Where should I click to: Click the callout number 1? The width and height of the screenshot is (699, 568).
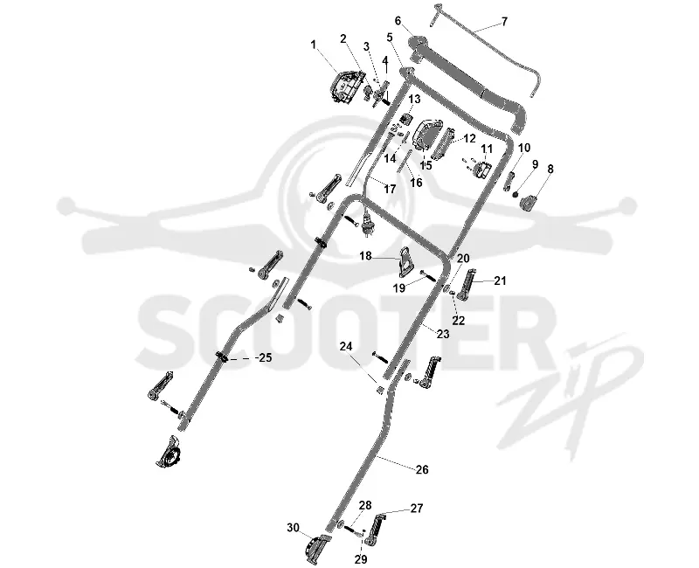coord(314,45)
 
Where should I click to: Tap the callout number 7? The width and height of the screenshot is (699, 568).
coord(504,21)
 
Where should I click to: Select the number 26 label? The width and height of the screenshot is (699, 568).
coord(422,469)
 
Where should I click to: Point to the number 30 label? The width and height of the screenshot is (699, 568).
coord(293,528)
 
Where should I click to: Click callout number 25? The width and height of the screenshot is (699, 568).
coord(266,357)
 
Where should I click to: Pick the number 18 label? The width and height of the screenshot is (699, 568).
coord(365,256)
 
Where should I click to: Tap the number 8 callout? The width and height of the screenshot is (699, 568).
coord(550,169)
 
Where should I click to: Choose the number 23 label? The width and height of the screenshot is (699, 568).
coord(443,334)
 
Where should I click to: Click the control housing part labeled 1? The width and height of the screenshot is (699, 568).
coord(346,87)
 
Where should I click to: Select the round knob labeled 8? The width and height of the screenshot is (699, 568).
coord(530,203)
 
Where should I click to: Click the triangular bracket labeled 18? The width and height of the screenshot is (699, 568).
coord(405,260)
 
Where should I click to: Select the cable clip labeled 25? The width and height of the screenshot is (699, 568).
coord(222,357)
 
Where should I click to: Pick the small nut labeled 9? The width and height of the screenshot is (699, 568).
coord(516,194)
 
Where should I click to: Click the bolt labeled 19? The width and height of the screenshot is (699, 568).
coord(428,275)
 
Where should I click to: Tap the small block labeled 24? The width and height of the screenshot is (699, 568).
coord(380,390)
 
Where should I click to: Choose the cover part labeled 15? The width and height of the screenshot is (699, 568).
coord(428,135)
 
